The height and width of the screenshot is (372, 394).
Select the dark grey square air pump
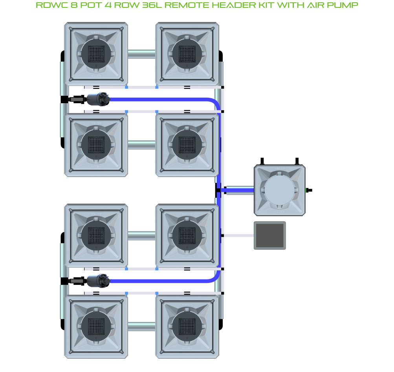[269, 235]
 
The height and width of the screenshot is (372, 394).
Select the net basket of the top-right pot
[187, 54]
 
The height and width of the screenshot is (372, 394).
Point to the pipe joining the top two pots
[141, 54]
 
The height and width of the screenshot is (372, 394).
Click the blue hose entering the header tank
[238, 190]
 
